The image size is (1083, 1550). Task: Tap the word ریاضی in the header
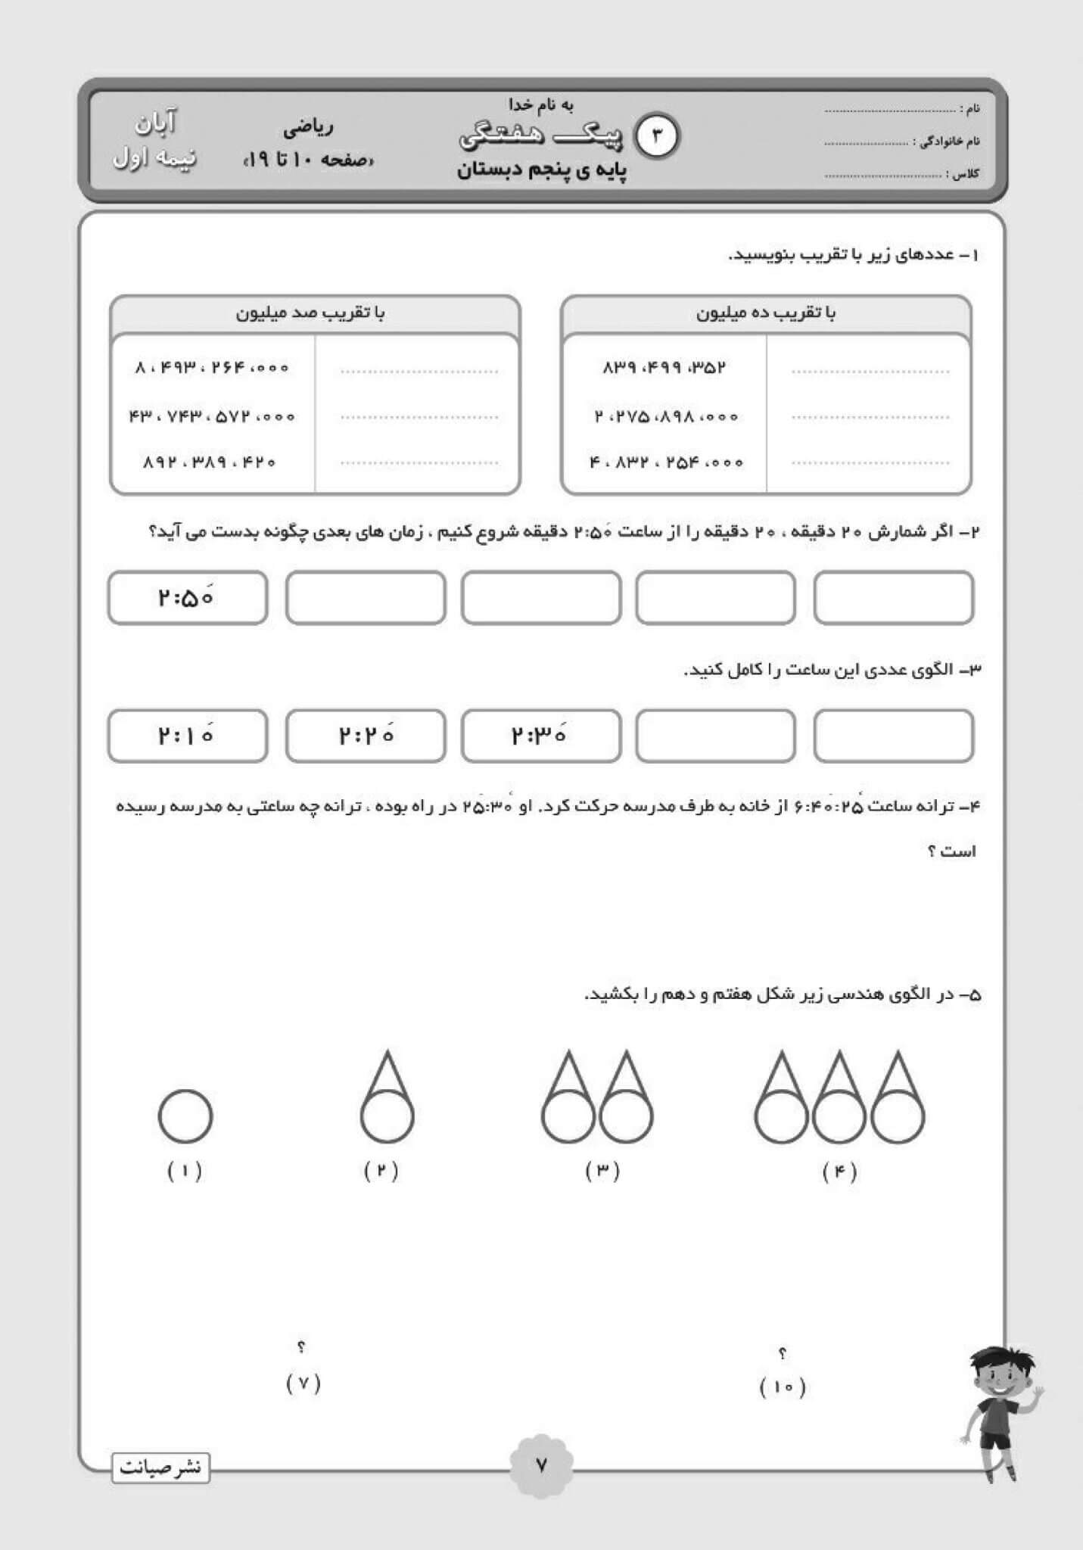pyautogui.click(x=308, y=128)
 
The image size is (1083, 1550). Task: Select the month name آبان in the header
pyautogui.click(x=156, y=123)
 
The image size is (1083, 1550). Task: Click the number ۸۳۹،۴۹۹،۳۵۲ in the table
pyautogui.click(x=664, y=368)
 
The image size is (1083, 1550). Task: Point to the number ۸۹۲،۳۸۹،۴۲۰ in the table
pyautogui.click(x=210, y=462)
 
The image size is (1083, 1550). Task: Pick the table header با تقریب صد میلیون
pyautogui.click(x=310, y=313)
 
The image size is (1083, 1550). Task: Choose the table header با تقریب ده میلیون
pyautogui.click(x=766, y=313)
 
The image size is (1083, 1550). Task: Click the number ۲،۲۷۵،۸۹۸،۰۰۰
pyautogui.click(x=666, y=416)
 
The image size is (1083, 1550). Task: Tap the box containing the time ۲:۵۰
pyautogui.click(x=188, y=598)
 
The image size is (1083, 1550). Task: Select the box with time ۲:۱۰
pyautogui.click(x=188, y=736)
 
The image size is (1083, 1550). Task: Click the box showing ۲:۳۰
pyautogui.click(x=540, y=736)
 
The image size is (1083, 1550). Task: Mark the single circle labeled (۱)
pyautogui.click(x=185, y=1116)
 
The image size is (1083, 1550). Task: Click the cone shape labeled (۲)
pyautogui.click(x=387, y=1097)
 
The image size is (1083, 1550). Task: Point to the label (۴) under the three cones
pyautogui.click(x=839, y=1172)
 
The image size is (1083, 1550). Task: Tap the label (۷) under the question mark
pyautogui.click(x=303, y=1383)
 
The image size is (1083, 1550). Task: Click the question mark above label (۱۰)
pyautogui.click(x=783, y=1352)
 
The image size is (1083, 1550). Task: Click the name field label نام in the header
pyautogui.click(x=973, y=109)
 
